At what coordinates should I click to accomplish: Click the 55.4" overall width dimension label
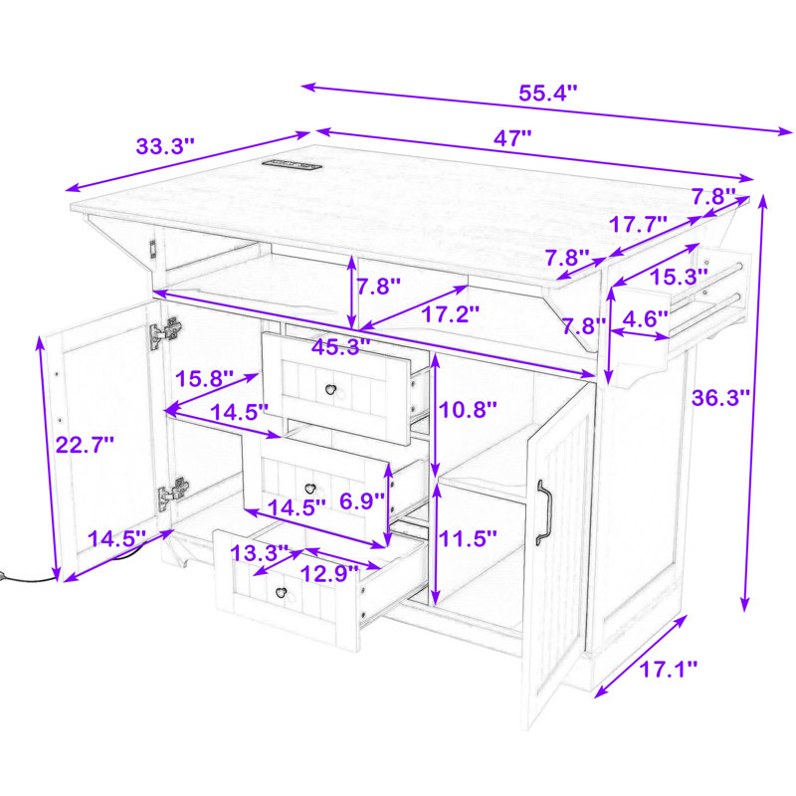click(x=548, y=93)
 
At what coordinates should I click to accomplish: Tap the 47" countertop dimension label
click(x=512, y=138)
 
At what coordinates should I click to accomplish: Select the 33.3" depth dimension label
click(x=165, y=146)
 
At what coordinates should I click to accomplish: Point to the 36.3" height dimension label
click(x=720, y=397)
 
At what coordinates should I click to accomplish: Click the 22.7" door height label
click(x=85, y=445)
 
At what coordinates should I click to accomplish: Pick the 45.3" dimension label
click(x=340, y=347)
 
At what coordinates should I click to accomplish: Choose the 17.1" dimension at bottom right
click(x=668, y=669)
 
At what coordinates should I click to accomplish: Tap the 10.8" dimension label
click(x=468, y=410)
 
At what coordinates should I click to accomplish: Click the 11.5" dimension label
click(x=468, y=538)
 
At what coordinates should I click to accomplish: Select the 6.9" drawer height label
click(x=362, y=501)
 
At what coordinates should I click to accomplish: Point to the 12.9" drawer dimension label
click(x=329, y=574)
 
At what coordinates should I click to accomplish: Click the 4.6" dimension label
click(x=645, y=318)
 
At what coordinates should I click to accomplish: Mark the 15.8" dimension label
click(x=204, y=379)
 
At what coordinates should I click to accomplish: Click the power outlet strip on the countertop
click(x=292, y=164)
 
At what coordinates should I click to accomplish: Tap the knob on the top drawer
click(x=331, y=390)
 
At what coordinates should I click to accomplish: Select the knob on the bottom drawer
click(x=281, y=592)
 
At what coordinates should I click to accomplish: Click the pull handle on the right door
click(x=543, y=512)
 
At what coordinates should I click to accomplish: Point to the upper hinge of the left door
click(x=165, y=333)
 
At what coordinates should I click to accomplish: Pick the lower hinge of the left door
click(x=173, y=493)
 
